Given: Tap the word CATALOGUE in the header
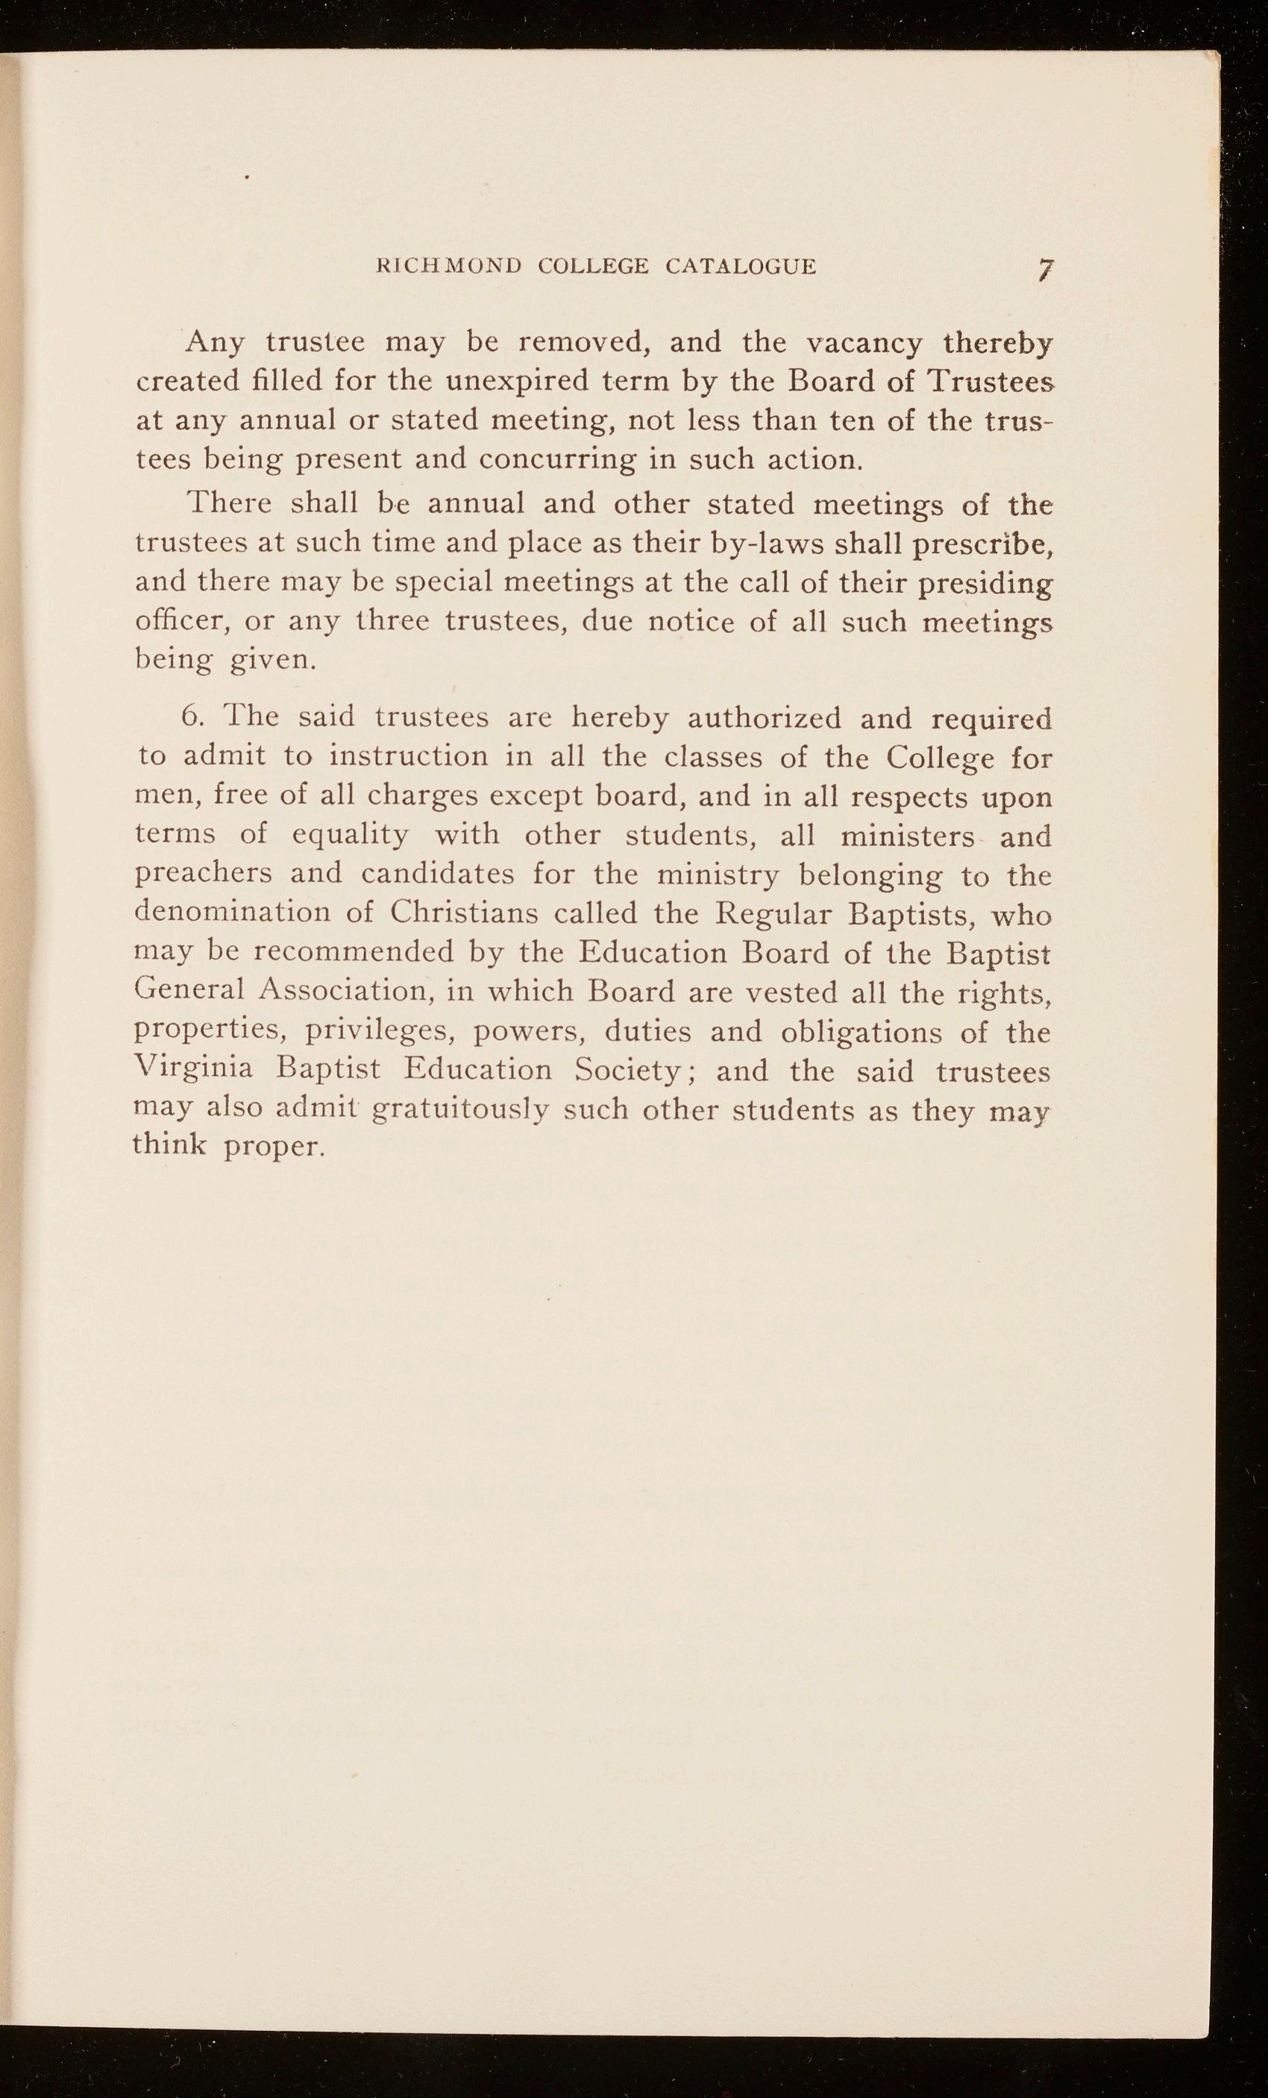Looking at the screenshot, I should (740, 266).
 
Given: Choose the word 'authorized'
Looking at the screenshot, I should (764, 718).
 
